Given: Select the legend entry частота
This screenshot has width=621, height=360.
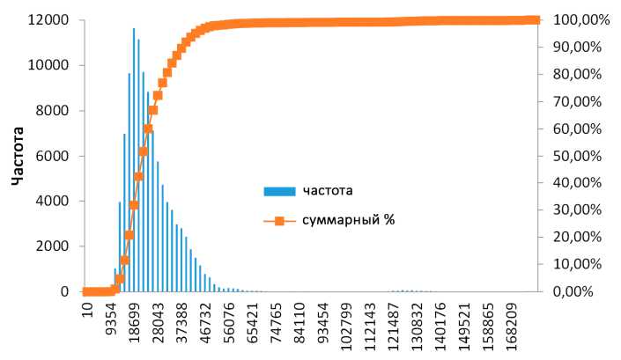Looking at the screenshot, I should (x=329, y=190).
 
